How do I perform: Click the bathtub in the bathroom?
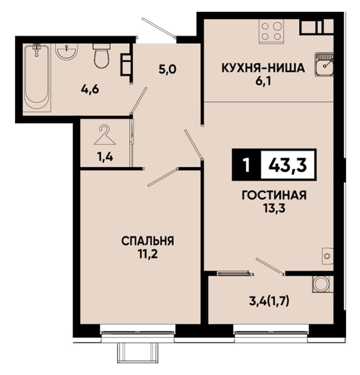point(37,78)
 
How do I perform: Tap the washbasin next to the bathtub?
point(66,51)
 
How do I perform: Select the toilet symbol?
point(101,56)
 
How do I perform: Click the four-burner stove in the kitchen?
point(271,31)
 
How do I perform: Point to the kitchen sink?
point(324,64)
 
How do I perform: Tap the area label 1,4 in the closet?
point(105,157)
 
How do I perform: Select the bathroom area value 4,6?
point(90,90)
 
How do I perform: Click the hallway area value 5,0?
point(168,70)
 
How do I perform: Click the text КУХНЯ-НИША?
point(264,68)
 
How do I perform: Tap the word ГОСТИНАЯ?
point(274,196)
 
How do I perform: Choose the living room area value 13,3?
point(275,209)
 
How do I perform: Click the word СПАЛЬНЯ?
point(147,241)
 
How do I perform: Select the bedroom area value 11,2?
point(148,254)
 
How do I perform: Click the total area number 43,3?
point(288,165)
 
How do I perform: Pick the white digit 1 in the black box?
point(246,165)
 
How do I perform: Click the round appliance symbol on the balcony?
point(322,284)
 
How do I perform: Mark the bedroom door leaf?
point(163,177)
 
